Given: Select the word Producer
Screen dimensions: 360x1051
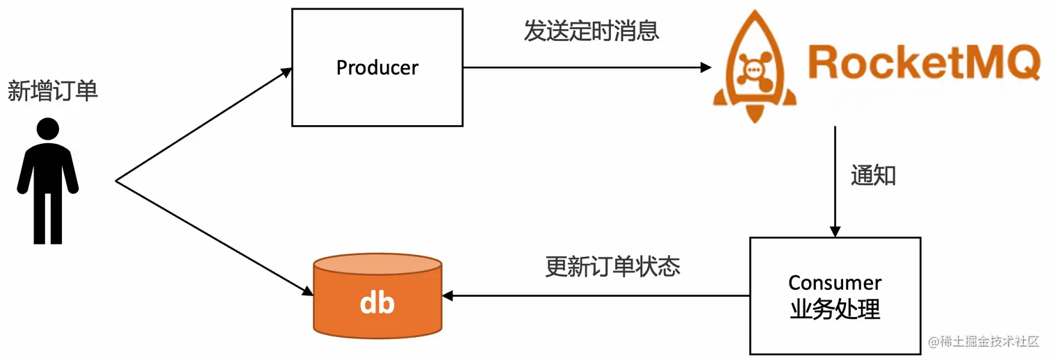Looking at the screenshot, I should point(377,67).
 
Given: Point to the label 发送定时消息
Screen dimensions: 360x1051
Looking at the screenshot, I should point(592,31).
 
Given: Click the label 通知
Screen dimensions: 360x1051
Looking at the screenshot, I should point(873,176).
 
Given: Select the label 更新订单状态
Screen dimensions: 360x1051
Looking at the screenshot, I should point(612,267).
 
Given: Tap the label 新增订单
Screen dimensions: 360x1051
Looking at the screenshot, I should point(53,91).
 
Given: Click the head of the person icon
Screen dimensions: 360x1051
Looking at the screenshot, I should point(47,129).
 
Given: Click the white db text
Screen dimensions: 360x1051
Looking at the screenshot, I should point(377,303).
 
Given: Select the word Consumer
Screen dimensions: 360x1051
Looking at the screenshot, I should point(835,283).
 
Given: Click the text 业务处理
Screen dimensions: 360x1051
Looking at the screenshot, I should point(835,309).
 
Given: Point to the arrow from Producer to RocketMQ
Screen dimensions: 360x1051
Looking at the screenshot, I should point(587,67).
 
